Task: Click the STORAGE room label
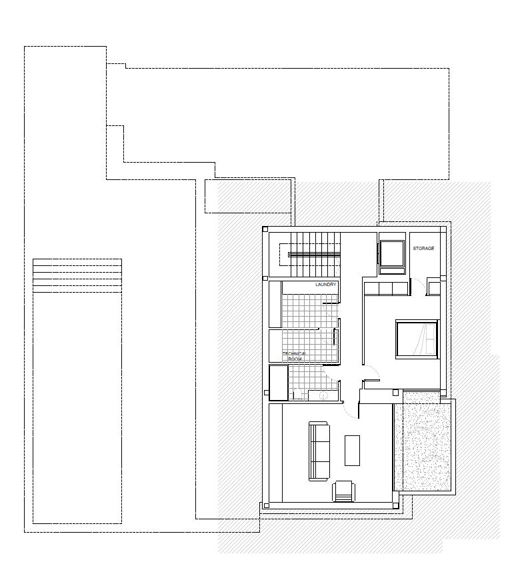pos(423,248)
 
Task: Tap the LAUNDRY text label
pos(325,285)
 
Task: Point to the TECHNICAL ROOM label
pos(295,356)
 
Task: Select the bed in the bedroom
pos(417,339)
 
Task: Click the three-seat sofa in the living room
pos(319,451)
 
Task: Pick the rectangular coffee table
pos(352,451)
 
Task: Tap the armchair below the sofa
pos(343,491)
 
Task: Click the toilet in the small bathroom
pos(297,394)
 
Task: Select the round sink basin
pos(323,395)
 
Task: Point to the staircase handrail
pos(314,255)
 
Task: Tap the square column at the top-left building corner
pos(265,229)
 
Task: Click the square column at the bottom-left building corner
pos(265,505)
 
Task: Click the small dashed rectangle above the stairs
pos(248,196)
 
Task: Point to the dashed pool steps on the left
pos(77,275)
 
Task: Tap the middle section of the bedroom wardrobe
pos(385,289)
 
